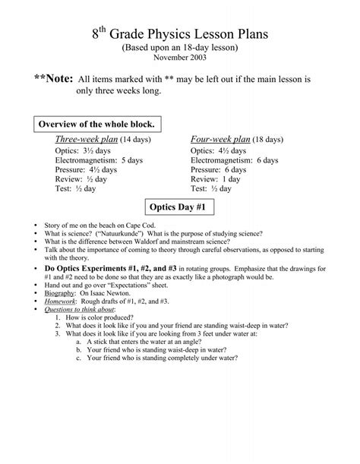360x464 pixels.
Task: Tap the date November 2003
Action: click(x=179, y=58)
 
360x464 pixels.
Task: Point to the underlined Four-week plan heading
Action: click(x=220, y=140)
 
